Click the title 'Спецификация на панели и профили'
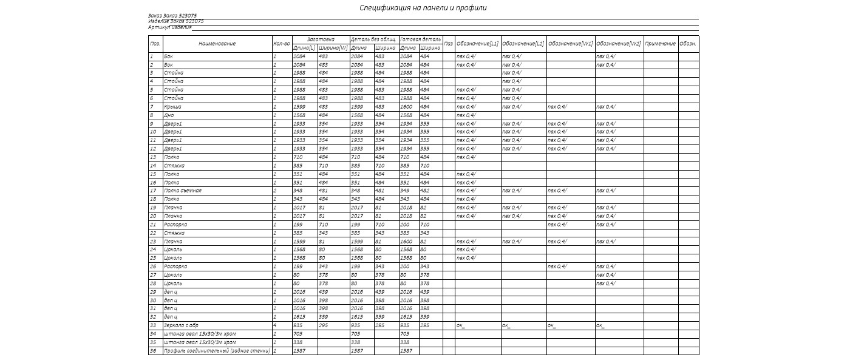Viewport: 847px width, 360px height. point(423,8)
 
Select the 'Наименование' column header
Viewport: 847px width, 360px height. point(217,44)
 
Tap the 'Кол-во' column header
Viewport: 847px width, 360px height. point(282,44)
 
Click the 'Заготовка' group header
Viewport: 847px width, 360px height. point(320,39)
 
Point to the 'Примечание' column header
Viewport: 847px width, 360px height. point(661,44)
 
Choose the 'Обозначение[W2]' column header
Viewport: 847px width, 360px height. point(619,44)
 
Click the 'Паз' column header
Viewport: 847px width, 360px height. point(449,44)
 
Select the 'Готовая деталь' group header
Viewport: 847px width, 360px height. point(420,39)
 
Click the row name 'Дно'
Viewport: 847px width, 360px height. point(169,115)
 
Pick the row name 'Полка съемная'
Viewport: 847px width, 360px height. point(183,191)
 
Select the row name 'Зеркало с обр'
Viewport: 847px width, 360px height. point(182,325)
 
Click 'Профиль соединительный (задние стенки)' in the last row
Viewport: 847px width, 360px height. point(217,351)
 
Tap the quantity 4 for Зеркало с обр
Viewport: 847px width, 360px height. point(275,325)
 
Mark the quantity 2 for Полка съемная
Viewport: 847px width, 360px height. point(275,191)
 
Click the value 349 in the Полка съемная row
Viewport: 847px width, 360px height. point(406,191)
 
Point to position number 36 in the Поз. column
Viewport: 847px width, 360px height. point(153,351)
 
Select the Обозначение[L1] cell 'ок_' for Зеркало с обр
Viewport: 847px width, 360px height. point(461,325)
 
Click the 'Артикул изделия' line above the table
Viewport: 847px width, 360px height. point(170,27)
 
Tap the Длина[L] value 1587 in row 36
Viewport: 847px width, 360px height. point(299,351)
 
